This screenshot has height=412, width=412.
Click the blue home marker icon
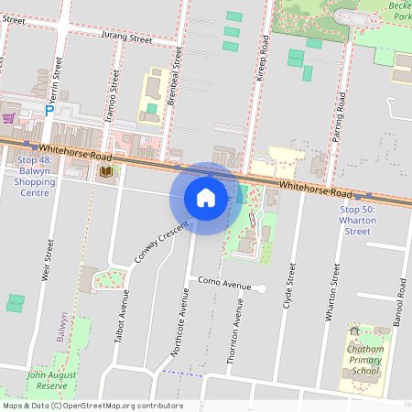pyautogui.click(x=206, y=198)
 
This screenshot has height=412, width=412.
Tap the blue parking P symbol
pyautogui.click(x=50, y=111)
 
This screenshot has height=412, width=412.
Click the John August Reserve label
pyautogui.click(x=47, y=380)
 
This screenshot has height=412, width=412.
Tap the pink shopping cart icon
pyautogui.click(x=8, y=118)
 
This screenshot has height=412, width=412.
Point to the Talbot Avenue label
pyautogui.click(x=121, y=318)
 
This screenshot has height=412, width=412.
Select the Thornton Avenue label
pyautogui.click(x=237, y=329)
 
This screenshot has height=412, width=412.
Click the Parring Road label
pyautogui.click(x=339, y=112)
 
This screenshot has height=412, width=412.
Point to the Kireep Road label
pyautogui.click(x=262, y=59)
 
